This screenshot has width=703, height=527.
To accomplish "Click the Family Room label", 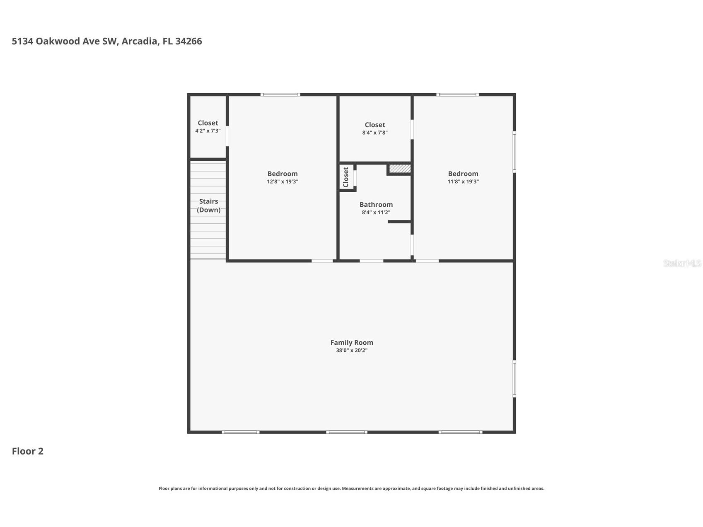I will [351, 342].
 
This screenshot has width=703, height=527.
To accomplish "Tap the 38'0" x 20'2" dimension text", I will [351, 351].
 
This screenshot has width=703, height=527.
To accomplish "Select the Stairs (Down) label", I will [208, 205].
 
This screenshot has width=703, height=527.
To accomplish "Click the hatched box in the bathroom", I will [400, 169].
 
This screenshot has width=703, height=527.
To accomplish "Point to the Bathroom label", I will [376, 204].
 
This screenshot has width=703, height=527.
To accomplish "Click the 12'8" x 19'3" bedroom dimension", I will [283, 181].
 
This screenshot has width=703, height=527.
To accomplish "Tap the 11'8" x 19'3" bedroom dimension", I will [463, 181].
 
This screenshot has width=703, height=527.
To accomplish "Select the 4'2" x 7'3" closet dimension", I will [208, 131].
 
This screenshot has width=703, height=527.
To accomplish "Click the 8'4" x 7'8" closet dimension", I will [374, 133].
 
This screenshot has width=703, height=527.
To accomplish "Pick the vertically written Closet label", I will [346, 177].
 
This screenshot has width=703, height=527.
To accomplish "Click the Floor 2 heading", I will [27, 451].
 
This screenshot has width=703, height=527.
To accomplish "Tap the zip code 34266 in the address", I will [188, 41].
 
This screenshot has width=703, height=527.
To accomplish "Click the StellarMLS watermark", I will [682, 263].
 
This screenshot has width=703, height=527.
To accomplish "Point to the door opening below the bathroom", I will [371, 261].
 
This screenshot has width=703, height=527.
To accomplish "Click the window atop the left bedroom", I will [280, 94].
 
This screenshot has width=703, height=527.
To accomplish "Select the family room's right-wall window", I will [514, 379].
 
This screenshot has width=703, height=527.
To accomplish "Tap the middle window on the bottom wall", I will [346, 432].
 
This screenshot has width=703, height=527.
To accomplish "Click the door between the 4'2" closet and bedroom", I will [227, 135].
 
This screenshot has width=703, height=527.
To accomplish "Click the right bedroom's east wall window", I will [514, 152].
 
